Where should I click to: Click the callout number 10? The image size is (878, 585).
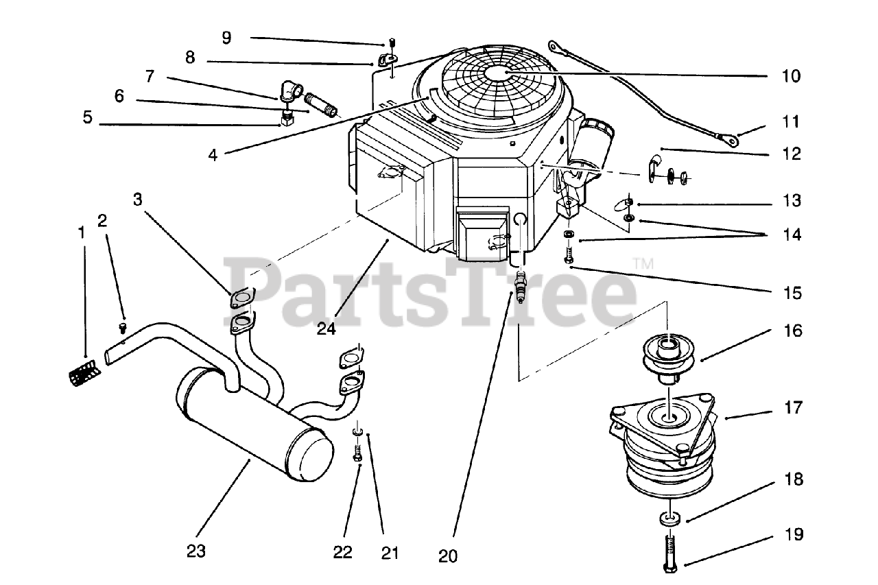(791, 76)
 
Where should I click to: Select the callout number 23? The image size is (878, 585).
(196, 551)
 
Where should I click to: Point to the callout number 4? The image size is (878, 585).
(213, 156)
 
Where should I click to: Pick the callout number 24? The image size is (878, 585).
(327, 329)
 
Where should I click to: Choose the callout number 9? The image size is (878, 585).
(226, 38)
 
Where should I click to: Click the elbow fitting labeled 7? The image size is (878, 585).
(291, 91)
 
